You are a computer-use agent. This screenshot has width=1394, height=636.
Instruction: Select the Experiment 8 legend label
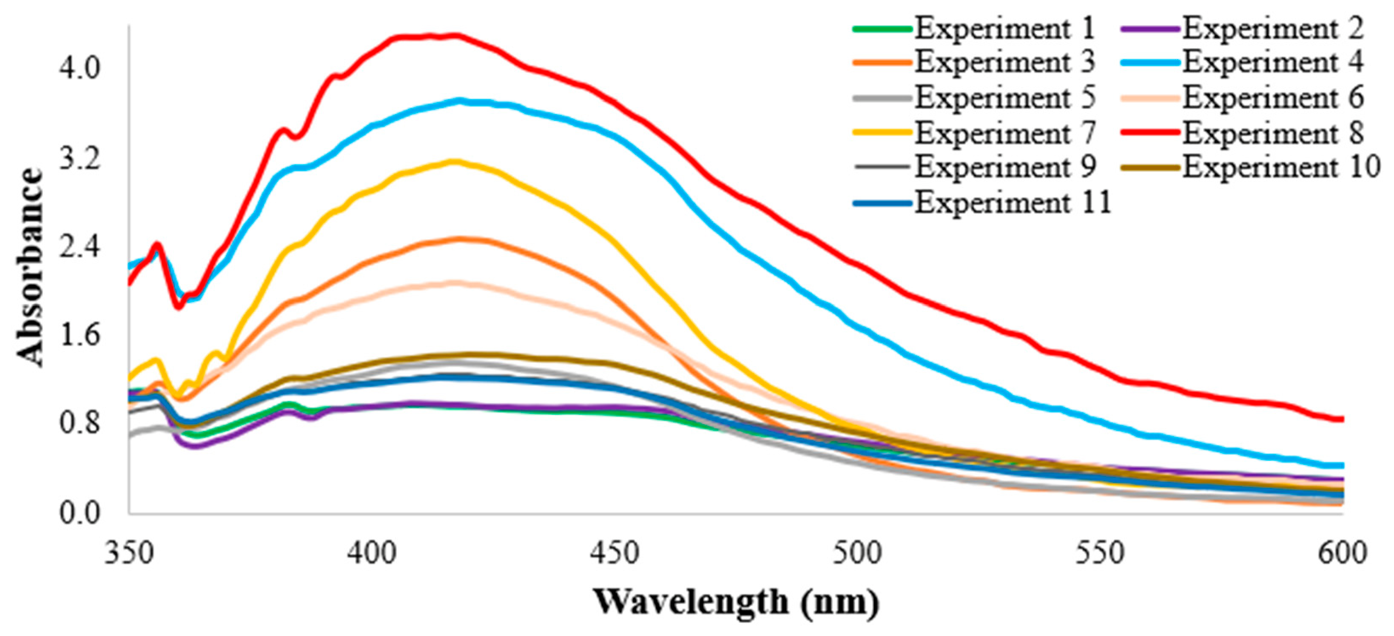coord(1241,133)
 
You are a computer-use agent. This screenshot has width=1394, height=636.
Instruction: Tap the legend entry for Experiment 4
coord(1241,62)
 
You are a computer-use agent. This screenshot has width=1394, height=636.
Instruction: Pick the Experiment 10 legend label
coord(1250,168)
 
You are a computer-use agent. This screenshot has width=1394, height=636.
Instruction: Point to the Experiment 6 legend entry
coord(1241,98)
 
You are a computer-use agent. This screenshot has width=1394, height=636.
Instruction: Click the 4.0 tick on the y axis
coord(79,69)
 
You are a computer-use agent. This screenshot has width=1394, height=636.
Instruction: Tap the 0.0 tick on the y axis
coord(79,513)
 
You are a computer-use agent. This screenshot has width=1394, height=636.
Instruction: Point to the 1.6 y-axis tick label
coord(79,336)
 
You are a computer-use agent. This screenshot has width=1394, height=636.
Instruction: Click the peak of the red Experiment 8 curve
coord(455,36)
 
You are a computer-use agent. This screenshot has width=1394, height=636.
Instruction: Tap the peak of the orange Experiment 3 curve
coord(459,239)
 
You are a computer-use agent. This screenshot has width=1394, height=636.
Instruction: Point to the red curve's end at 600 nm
coord(1343,419)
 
